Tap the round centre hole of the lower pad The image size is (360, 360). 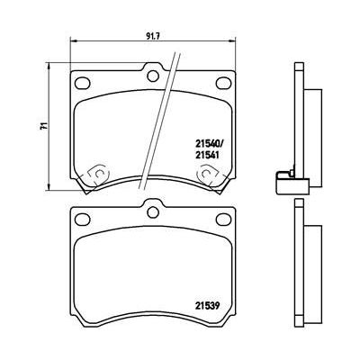pos(152,212)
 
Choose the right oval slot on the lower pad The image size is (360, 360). pos(222,217)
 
